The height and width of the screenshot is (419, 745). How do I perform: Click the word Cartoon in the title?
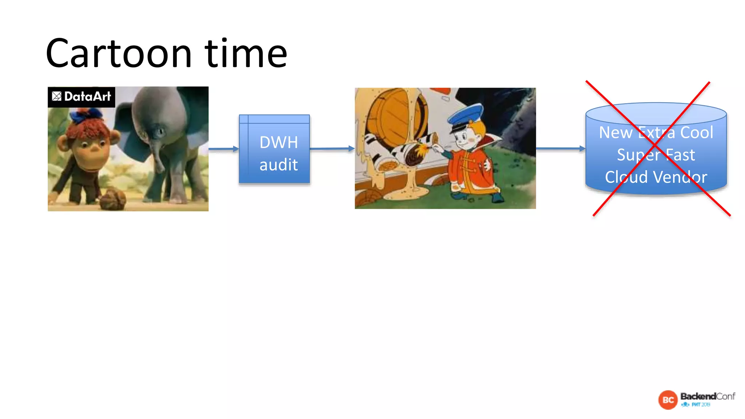(x=119, y=54)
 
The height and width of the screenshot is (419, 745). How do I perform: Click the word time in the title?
(x=246, y=54)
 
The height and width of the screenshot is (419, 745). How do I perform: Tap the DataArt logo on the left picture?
(x=81, y=97)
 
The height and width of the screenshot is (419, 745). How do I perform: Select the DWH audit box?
(x=274, y=149)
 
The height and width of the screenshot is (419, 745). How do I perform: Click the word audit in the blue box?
(x=279, y=165)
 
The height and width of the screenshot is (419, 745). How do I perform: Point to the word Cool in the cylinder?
(x=697, y=132)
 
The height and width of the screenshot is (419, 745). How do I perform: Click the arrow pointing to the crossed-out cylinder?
(x=560, y=148)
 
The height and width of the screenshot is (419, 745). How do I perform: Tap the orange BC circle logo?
(x=668, y=400)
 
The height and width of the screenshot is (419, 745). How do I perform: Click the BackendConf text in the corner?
(x=708, y=396)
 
